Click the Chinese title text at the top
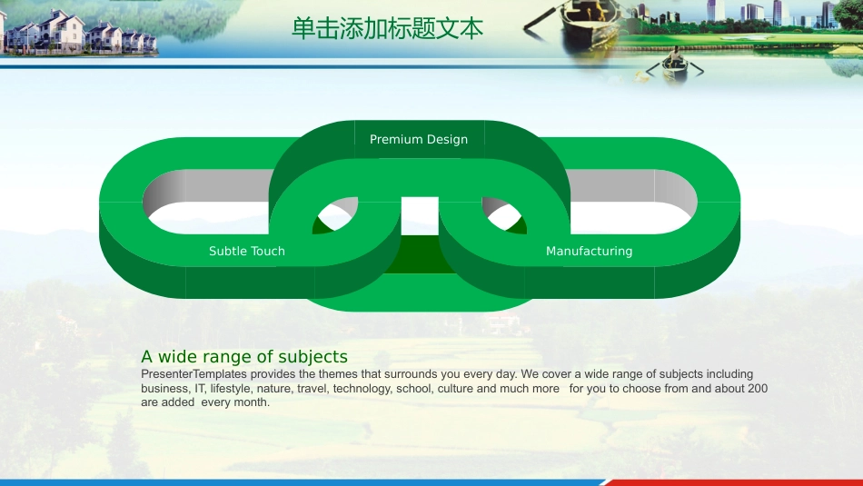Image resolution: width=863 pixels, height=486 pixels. click(x=388, y=28)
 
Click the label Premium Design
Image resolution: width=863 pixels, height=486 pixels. click(x=419, y=139)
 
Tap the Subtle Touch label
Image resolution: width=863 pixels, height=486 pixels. click(x=246, y=251)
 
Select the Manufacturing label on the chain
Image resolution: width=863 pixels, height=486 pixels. click(x=589, y=251)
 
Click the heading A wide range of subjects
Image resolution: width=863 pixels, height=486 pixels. click(x=244, y=357)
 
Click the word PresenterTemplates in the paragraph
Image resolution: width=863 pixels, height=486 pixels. click(x=193, y=374)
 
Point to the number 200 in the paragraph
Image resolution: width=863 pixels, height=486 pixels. click(x=758, y=389)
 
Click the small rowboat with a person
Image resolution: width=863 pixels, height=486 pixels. click(x=675, y=65)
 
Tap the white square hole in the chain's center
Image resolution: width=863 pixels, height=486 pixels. click(x=420, y=215)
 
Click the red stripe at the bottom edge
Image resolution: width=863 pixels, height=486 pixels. click(x=732, y=482)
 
